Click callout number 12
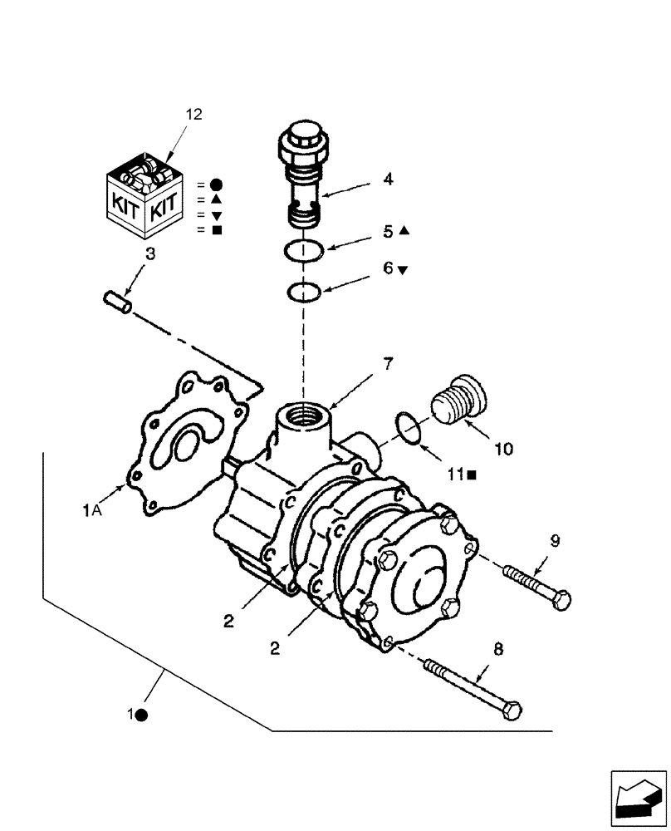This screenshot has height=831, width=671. [x=193, y=115]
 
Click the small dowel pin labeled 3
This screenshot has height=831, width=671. [x=118, y=302]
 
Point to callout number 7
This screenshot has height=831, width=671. [x=365, y=363]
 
